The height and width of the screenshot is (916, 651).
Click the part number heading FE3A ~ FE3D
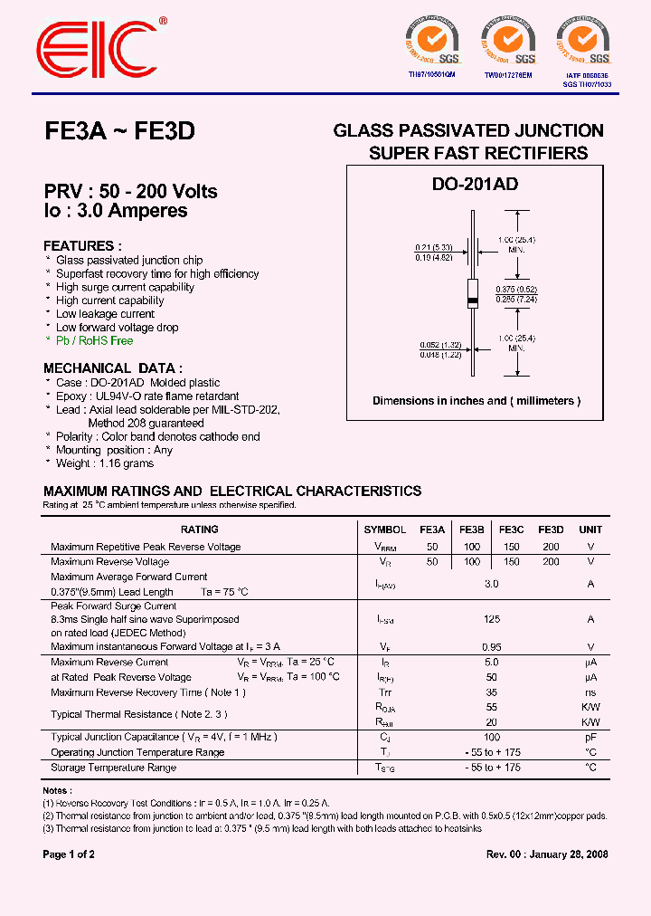119,132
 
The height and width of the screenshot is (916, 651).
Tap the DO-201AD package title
475,184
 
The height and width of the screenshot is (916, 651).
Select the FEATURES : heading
82,246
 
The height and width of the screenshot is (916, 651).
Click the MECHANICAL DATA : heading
113,368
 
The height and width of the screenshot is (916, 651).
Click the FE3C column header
511,530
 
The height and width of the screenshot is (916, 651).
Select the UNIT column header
590,530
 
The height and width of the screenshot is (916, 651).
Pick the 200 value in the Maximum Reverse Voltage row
551,562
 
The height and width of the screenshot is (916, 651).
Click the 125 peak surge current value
491,619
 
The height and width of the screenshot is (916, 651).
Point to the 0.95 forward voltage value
491,647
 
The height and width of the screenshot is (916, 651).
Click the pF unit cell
590,738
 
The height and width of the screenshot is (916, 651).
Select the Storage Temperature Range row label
113,768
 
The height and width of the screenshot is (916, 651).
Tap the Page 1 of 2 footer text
69,854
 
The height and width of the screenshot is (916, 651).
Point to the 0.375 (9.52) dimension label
517,288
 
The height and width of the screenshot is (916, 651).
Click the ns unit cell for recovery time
590,692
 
